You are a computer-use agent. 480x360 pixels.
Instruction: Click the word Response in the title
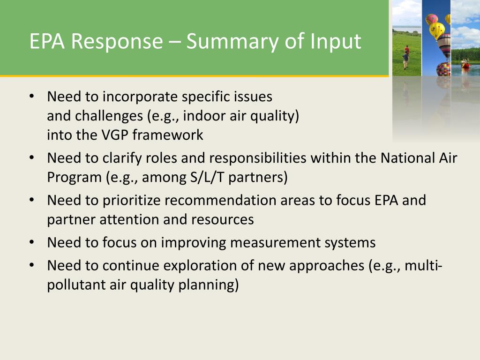click(117, 42)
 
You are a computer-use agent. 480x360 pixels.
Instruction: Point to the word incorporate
click(140, 97)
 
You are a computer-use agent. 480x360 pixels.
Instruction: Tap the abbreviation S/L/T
click(207, 178)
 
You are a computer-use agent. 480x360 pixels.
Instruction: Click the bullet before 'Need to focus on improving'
click(32, 242)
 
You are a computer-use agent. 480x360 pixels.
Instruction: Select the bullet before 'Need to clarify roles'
click(32, 158)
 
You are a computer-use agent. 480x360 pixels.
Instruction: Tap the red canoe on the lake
click(465, 65)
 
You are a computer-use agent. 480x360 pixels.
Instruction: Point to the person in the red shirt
click(407, 50)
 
